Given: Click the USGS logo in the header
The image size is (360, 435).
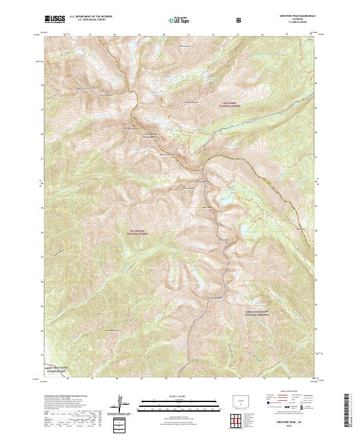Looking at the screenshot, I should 55,20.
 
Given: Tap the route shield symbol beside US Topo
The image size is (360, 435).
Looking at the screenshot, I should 240,20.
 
